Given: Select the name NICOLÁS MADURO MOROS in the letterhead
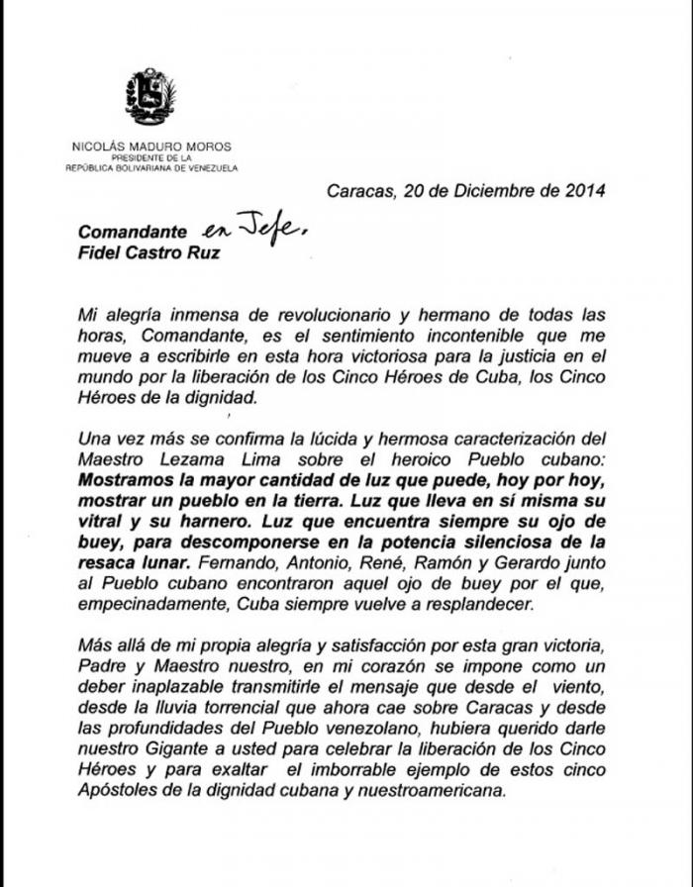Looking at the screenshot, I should (151, 147).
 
